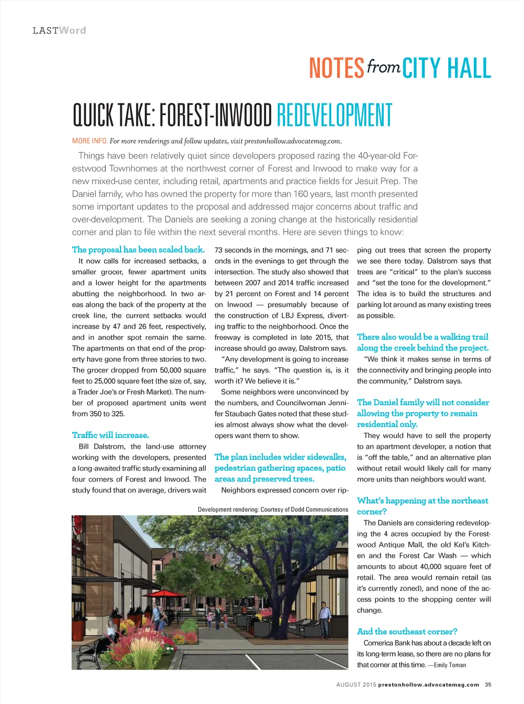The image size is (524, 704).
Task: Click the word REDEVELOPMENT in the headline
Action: [334, 115]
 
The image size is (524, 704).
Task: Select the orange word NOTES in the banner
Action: [336, 69]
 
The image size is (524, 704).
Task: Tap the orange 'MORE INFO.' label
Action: [90, 141]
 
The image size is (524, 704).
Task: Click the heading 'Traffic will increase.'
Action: [111, 435]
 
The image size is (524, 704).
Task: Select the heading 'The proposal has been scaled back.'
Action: [138, 250]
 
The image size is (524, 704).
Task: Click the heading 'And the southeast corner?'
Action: [407, 631]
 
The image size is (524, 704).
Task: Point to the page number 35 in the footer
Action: [488, 685]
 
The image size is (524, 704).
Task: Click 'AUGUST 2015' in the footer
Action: [356, 685]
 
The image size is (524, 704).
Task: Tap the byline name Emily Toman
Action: [450, 665]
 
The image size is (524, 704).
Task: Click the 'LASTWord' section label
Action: [59, 31]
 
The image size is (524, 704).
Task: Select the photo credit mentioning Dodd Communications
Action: [273, 510]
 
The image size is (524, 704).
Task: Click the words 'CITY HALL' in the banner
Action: [446, 69]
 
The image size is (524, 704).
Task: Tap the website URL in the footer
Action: [428, 685]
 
